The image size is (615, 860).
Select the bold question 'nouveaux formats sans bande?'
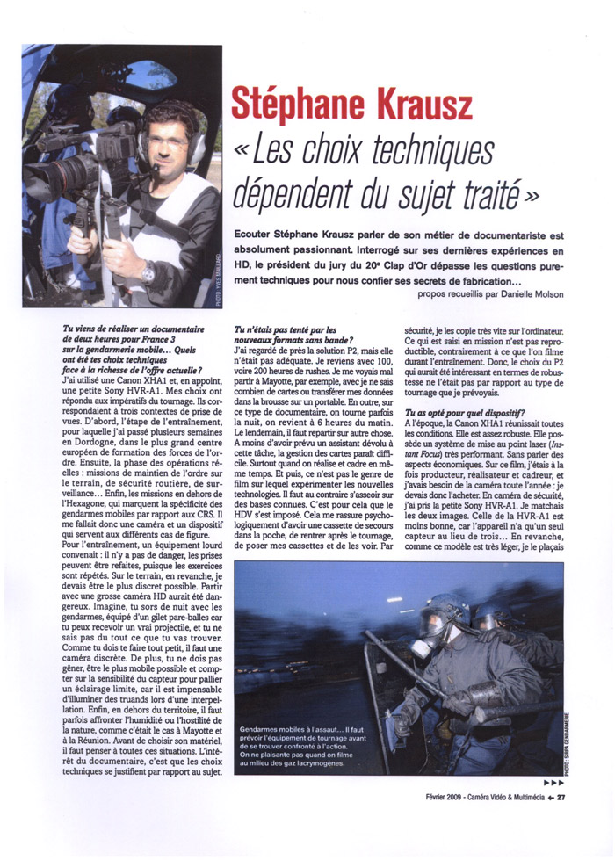pos(294,340)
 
